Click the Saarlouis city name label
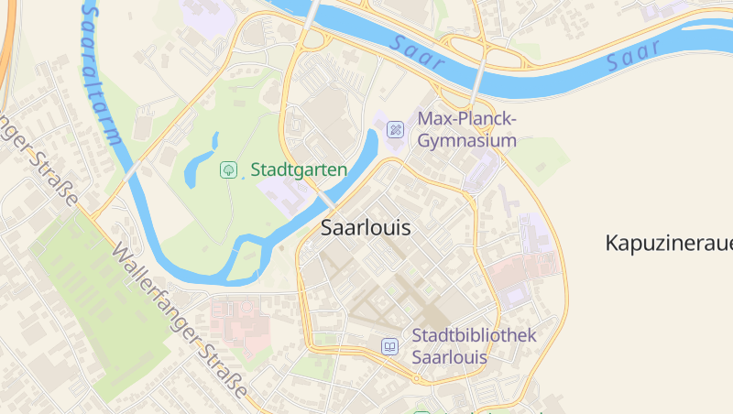point(366,228)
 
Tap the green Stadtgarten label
point(299,169)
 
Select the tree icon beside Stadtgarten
point(227,169)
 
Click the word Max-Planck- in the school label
point(467,119)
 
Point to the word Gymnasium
point(467,141)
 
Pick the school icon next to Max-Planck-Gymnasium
point(396,130)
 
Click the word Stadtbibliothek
point(474,335)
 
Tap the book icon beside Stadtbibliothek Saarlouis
point(390,346)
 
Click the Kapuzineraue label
point(669,243)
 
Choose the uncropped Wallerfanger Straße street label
point(179,322)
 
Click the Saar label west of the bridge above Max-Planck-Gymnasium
point(417,53)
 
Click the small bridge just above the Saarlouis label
point(328,200)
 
